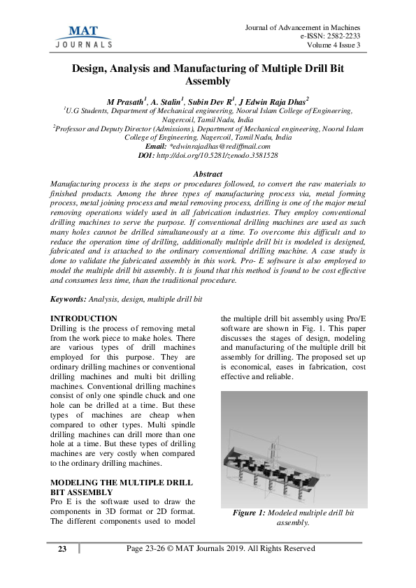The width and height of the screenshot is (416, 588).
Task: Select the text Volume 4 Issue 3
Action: point(333,46)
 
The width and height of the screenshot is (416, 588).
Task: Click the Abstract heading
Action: point(207,174)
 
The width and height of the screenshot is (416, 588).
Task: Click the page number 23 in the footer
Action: point(62,549)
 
